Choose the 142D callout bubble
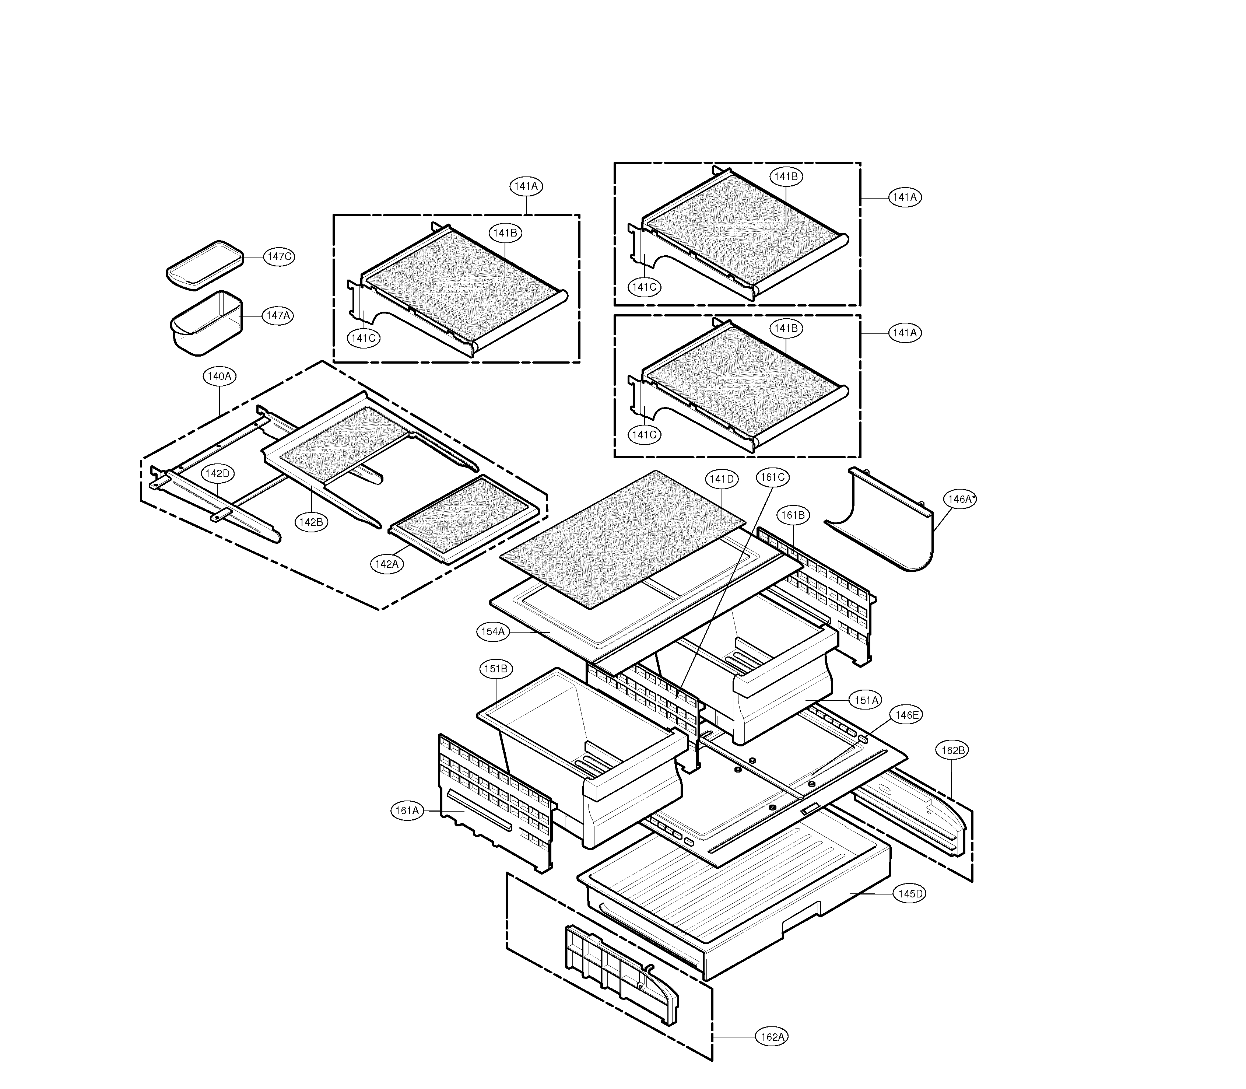click(218, 473)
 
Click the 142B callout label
click(312, 521)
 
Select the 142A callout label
click(387, 564)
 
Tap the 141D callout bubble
click(722, 479)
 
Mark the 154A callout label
click(493, 631)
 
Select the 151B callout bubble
click(496, 669)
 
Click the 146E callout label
click(906, 715)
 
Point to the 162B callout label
click(953, 750)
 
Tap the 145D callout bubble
click(910, 894)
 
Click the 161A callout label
click(407, 811)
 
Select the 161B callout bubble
click(793, 515)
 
